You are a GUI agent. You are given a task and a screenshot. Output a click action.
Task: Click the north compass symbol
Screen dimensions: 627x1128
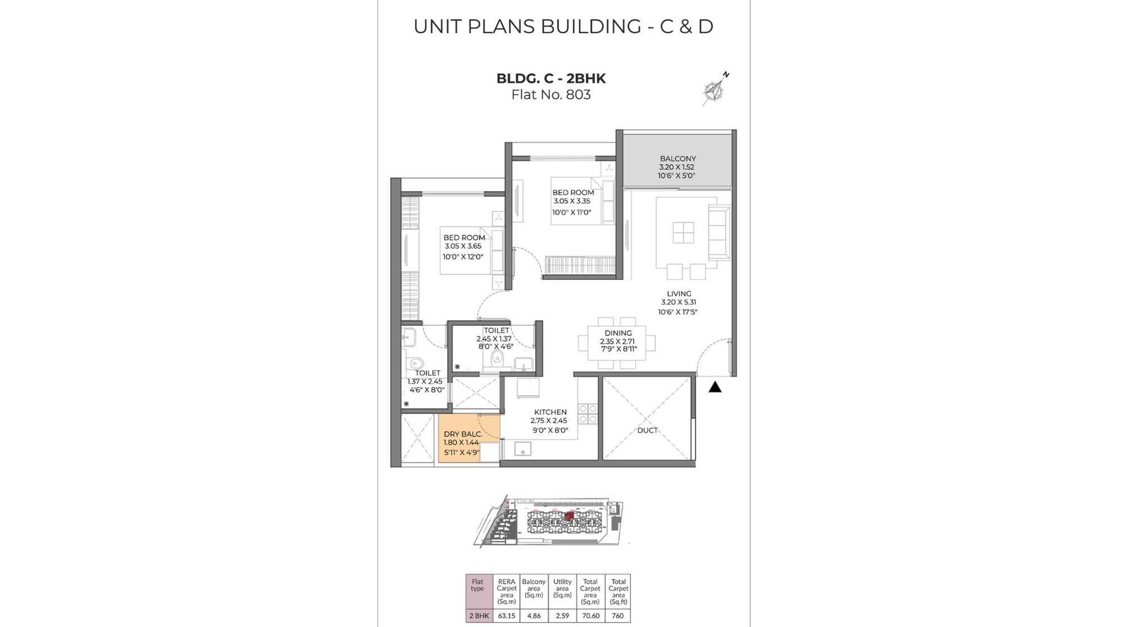[715, 89]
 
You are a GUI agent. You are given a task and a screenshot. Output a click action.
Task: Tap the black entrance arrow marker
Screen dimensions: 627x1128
[715, 386]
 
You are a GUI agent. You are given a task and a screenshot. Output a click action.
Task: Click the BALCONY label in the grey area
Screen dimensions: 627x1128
[678, 159]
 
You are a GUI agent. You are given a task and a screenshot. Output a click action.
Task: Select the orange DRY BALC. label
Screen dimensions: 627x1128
[462, 434]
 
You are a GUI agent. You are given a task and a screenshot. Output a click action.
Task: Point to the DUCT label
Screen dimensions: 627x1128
[647, 430]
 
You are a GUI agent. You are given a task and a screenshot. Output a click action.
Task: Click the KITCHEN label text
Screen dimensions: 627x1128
[550, 412]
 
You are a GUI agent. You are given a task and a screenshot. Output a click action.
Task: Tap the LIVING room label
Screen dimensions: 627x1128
[679, 293]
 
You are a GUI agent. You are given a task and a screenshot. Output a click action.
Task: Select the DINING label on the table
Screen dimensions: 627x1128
[618, 333]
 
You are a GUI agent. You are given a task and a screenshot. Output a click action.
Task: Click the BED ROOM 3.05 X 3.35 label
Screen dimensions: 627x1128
[572, 193]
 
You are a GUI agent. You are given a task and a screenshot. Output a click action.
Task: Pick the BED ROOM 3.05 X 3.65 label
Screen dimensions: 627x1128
[464, 238]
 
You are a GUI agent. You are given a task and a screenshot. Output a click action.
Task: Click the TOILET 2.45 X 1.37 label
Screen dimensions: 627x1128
[496, 330]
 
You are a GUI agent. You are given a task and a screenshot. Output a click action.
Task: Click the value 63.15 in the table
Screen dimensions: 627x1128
[506, 616]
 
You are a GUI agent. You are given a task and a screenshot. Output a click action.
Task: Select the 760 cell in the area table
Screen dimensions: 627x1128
[618, 616]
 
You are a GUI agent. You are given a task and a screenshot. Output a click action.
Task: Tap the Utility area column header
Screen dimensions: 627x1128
[562, 589]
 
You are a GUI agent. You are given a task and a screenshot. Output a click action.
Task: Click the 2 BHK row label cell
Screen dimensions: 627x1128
[479, 616]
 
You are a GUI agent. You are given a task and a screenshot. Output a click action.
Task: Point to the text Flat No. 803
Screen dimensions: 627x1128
[551, 95]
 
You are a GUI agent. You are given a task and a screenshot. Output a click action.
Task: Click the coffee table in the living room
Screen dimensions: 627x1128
[682, 233]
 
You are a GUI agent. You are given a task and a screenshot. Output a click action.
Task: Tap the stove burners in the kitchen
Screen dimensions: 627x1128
[588, 414]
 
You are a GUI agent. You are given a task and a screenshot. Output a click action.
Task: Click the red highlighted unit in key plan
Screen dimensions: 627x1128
[568, 516]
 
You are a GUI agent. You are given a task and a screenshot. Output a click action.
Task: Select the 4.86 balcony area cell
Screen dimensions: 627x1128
[534, 616]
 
